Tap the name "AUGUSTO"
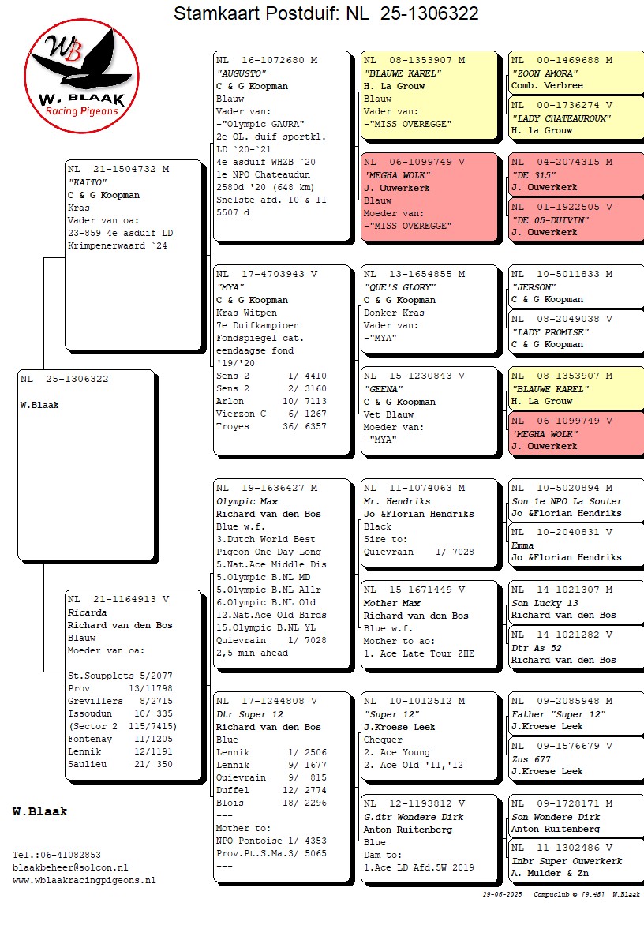pos(238,73)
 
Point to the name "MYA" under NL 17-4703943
pos(229,287)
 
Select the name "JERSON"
pos(534,287)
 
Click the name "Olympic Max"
pos(247,501)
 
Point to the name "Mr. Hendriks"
pos(396,501)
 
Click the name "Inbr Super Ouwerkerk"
pos(566,861)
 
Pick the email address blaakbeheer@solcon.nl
pos(70,867)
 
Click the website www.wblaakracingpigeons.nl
pos(84,880)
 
